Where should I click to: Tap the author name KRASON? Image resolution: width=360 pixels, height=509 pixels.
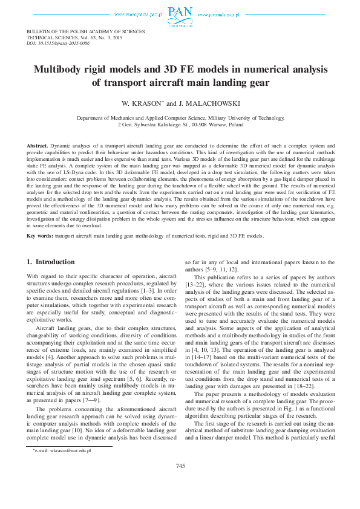click(149, 103)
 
